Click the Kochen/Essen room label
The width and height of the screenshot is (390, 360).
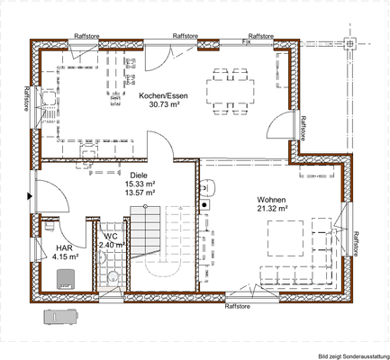tap(163, 94)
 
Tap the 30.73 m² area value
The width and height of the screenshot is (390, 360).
tap(163, 103)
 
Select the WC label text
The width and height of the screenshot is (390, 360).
tap(111, 236)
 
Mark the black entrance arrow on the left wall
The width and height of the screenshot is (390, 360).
tap(32, 193)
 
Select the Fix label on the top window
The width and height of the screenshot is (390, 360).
tap(248, 40)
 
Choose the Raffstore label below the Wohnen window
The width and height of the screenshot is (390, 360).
tap(237, 307)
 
